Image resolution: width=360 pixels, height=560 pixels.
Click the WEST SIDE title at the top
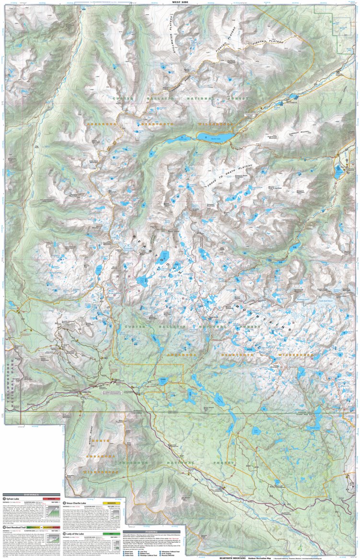[180, 2]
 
